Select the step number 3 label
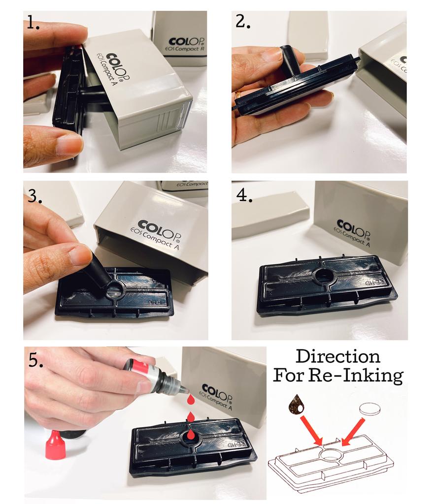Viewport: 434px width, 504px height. pos(34,196)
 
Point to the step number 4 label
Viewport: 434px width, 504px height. pos(244,195)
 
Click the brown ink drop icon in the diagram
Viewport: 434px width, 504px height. pos(297,405)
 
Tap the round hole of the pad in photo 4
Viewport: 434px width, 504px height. pos(324,276)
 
